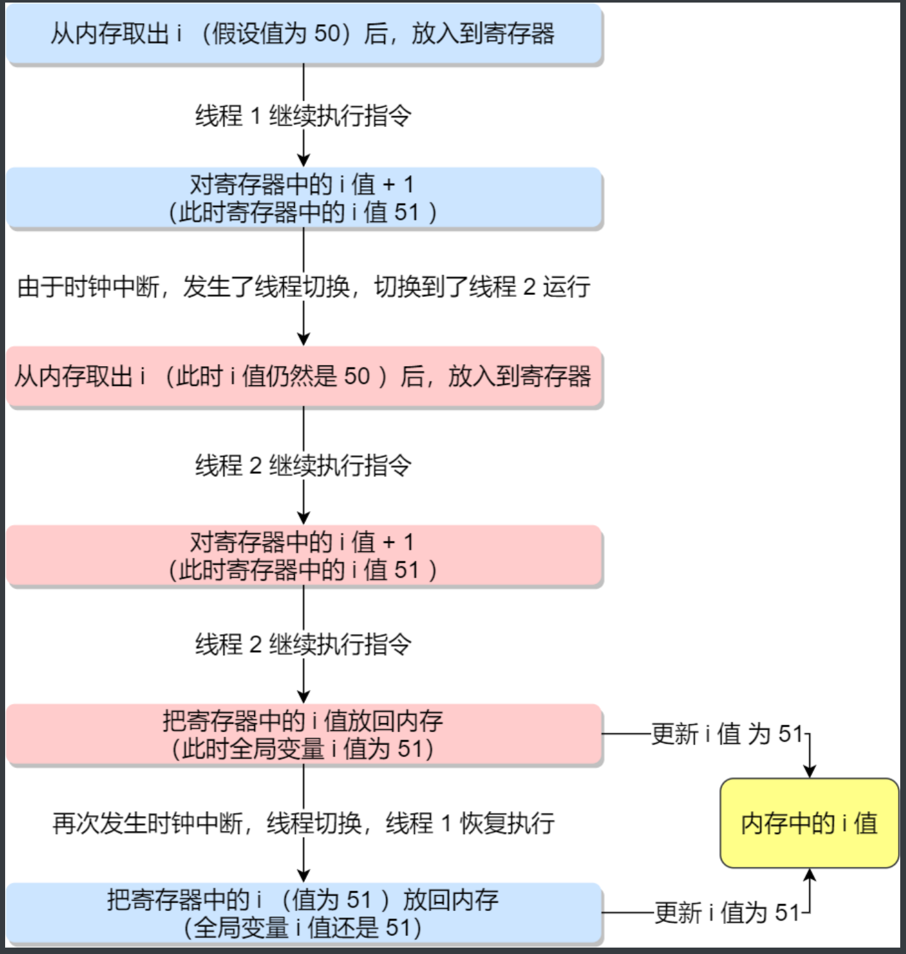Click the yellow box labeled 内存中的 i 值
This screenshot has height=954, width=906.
click(809, 823)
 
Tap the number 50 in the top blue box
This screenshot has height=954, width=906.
click(327, 33)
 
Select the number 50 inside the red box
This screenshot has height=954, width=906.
click(357, 376)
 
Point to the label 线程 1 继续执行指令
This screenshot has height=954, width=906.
click(303, 116)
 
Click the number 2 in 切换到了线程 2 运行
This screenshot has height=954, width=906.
click(529, 287)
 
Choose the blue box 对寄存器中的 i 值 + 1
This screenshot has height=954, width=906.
click(304, 198)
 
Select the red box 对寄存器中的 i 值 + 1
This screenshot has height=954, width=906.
click(304, 556)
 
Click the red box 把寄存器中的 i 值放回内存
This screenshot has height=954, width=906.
click(304, 735)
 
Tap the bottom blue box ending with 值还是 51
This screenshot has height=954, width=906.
click(304, 914)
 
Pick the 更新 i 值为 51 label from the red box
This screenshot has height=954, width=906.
click(727, 734)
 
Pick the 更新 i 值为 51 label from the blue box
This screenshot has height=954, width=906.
click(727, 912)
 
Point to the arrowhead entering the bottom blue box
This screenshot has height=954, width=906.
click(304, 876)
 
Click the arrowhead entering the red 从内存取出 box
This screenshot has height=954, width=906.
click(304, 339)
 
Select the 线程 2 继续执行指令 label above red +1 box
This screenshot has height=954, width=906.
click(303, 465)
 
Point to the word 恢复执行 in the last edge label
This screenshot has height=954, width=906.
click(507, 823)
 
